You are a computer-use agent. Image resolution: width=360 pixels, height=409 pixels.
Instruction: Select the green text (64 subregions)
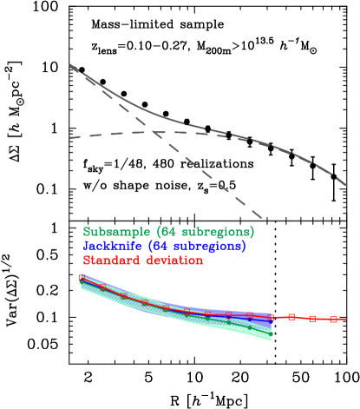pyautogui.click(x=204, y=232)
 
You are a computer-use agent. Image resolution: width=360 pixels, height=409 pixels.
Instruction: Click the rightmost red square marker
pyautogui.click(x=333, y=319)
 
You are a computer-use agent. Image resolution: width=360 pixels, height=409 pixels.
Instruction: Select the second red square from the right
pyautogui.click(x=312, y=319)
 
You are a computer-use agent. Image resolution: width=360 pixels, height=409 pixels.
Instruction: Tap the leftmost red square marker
pyautogui.click(x=82, y=278)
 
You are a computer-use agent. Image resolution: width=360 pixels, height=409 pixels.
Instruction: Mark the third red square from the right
pyautogui.click(x=291, y=317)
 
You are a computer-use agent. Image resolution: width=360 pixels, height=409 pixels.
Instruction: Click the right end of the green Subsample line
pyautogui.click(x=271, y=333)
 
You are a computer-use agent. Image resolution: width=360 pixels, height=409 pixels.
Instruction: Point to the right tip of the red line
pyautogui.click(x=346, y=319)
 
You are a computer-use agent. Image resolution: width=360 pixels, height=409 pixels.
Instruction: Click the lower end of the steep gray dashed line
pyautogui.click(x=261, y=217)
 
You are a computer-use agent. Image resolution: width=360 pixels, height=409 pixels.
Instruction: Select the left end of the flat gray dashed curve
pyautogui.click(x=69, y=138)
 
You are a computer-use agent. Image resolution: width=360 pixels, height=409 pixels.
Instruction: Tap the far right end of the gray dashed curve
pyautogui.click(x=347, y=185)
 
